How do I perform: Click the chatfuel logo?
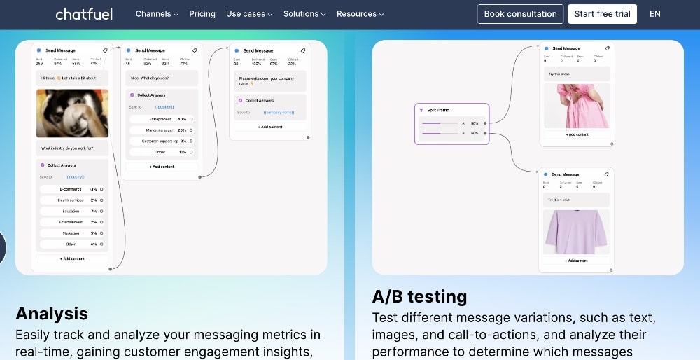[83, 14]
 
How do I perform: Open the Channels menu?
[157, 14]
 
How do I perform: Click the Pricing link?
[202, 14]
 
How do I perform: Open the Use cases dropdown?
[249, 14]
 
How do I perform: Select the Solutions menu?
[304, 14]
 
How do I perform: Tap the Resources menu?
[360, 14]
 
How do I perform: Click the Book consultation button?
[520, 14]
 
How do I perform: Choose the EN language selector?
[654, 14]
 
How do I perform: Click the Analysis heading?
[52, 313]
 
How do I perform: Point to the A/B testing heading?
[419, 297]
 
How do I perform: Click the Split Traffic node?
[451, 123]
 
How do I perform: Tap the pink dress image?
[577, 106]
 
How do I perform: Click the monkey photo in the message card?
[72, 113]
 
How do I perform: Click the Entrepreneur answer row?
[162, 120]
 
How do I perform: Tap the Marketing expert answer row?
[162, 130]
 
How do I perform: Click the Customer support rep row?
[162, 141]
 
